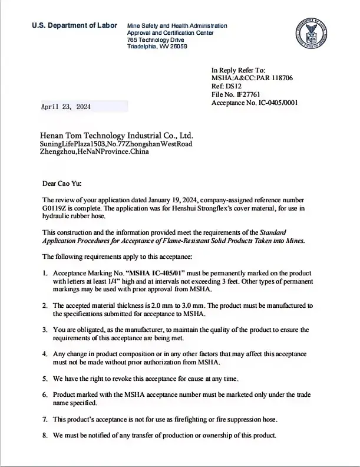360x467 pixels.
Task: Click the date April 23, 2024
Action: [x=65, y=107]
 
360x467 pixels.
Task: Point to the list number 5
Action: [x=45, y=377]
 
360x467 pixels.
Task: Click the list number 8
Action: [x=45, y=435]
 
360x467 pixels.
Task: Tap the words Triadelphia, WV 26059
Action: [x=157, y=46]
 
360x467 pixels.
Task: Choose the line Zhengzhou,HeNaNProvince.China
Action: [x=94, y=152]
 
